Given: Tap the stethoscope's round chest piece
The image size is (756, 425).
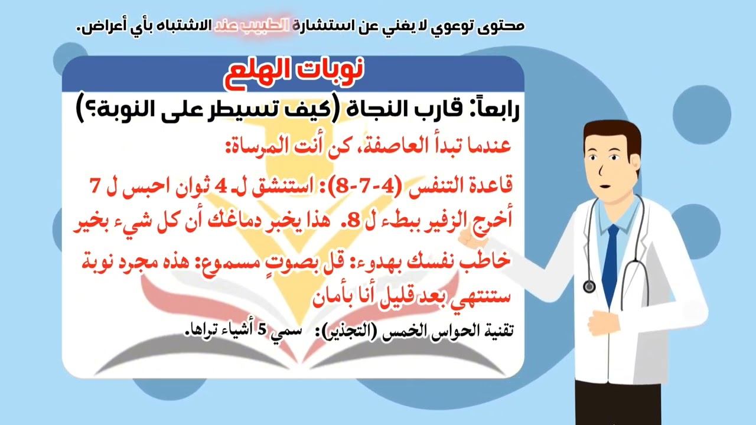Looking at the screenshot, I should pos(589,287).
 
